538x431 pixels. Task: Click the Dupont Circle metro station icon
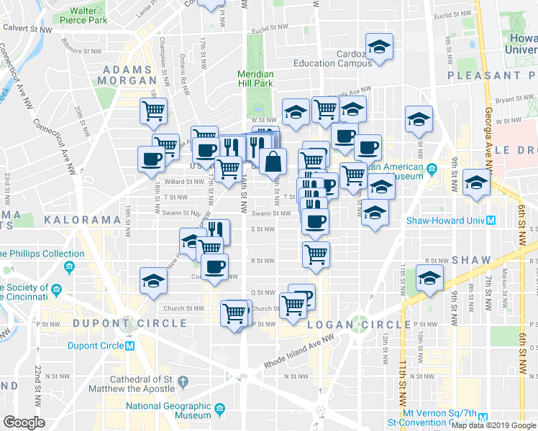[130, 346]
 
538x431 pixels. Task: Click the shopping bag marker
[273, 162]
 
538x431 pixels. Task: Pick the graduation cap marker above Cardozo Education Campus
[378, 47]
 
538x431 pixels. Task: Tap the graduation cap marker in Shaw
[429, 277]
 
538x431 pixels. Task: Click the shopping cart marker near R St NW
[316, 253]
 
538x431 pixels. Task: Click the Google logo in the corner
[24, 422]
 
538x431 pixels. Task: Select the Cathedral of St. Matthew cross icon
[182, 380]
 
